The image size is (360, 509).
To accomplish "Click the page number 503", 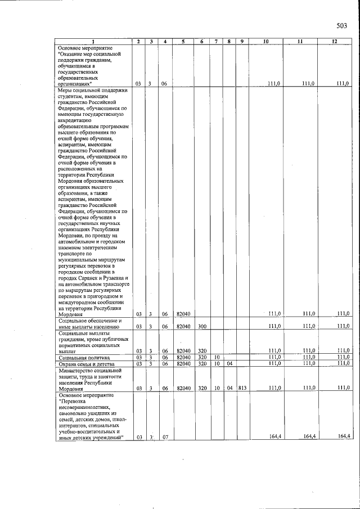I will click(x=342, y=25).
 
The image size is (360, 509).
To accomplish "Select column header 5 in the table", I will click(x=183, y=42).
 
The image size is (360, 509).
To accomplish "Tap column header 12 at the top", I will click(x=334, y=42).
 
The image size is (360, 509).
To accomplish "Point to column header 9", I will click(x=241, y=42).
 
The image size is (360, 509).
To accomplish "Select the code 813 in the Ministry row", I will click(x=241, y=388).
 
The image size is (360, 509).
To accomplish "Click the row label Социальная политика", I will click(x=85, y=357).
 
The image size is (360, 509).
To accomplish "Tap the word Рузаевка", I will click(x=115, y=279).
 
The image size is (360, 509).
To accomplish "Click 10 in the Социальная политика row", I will click(x=217, y=357).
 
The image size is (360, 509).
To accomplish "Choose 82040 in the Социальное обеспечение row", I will click(x=183, y=326).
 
